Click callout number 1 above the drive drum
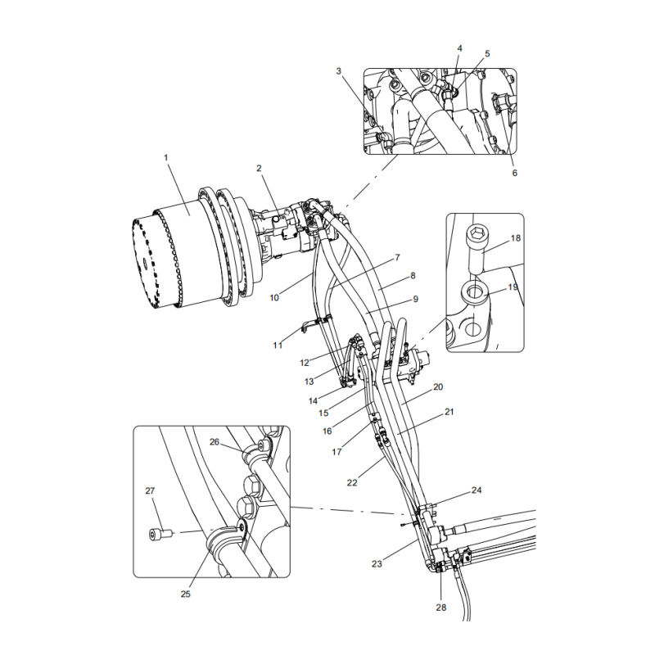coord(165,156)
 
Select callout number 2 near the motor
coord(259,169)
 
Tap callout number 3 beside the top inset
coord(338,71)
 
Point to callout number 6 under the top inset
coord(514,173)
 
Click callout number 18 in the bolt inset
coord(516,238)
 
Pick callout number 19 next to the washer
coord(513,287)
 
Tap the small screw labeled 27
coord(157,534)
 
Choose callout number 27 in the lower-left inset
coord(150,491)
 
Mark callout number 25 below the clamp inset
coord(186,594)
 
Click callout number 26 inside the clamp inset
coord(215,442)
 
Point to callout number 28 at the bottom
coord(441,608)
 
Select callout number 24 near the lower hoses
coord(477,490)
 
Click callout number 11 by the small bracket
coord(278,346)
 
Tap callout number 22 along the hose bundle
coord(352,483)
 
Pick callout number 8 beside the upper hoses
coord(413,276)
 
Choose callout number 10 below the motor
coord(274,298)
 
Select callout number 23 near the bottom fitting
coord(377,563)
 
